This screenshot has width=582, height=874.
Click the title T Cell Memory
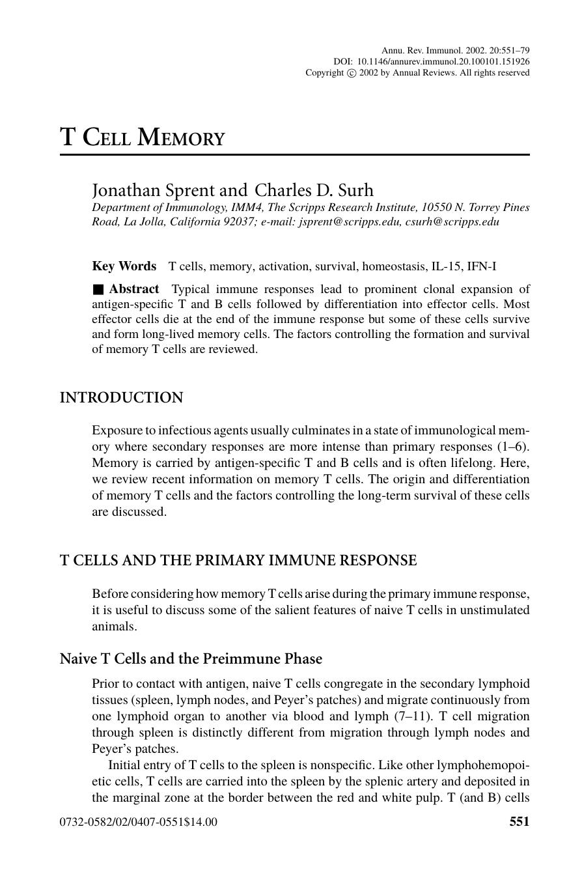pos(143,137)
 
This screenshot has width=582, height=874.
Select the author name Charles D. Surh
pos(314,190)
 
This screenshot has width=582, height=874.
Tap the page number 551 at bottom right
pos(519,822)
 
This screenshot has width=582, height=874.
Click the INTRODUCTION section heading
pos(122,398)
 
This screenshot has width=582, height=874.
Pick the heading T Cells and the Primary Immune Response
pos(238,561)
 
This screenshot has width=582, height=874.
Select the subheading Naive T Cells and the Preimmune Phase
pos(191,659)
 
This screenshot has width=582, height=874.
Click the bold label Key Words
pos(124,266)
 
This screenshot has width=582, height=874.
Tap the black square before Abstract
pos(98,290)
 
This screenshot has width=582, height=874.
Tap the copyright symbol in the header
pos(352,73)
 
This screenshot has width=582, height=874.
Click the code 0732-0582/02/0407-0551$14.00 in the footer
pos(139,822)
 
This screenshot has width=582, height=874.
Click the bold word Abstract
pos(134,289)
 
